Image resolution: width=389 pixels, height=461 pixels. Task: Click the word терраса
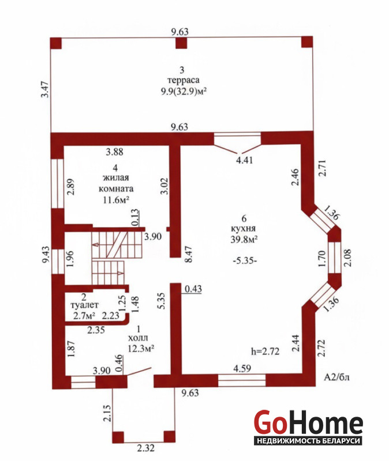183,80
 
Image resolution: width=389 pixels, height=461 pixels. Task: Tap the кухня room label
243,229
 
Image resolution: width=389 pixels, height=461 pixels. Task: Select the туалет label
84,305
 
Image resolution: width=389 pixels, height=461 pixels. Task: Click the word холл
138,338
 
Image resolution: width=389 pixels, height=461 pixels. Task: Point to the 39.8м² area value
244,239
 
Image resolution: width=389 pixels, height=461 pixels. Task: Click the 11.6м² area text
116,200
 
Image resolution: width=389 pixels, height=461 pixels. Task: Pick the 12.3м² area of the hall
141,349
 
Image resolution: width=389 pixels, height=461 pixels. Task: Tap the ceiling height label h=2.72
265,351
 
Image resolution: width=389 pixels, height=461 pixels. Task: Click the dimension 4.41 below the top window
245,160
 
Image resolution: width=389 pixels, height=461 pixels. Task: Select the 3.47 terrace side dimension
45,89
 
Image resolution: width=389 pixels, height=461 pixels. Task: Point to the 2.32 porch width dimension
145,448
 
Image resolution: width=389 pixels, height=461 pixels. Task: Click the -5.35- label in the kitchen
245,260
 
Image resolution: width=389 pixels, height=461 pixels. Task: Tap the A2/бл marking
336,377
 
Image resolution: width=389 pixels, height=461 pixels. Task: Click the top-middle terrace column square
181,43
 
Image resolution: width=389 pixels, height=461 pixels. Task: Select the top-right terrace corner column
307,41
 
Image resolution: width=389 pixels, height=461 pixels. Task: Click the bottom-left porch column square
118,437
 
